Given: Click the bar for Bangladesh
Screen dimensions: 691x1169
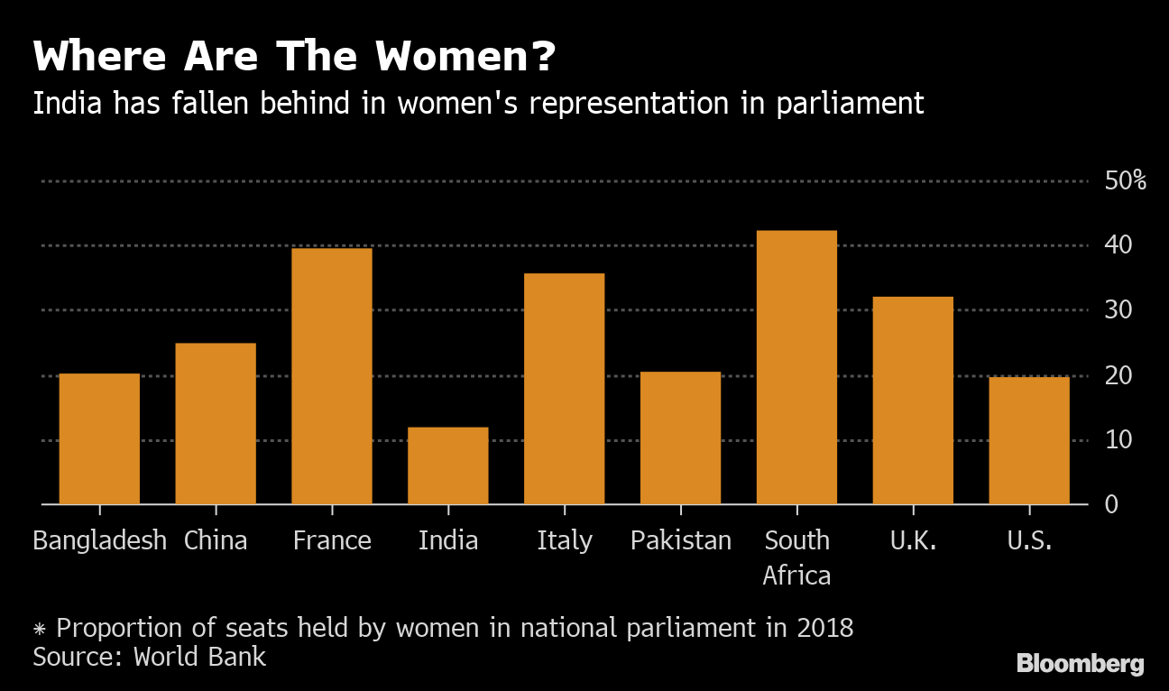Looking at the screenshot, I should pyautogui.click(x=99, y=438).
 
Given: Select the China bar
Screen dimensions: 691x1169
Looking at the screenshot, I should pyautogui.click(x=216, y=423).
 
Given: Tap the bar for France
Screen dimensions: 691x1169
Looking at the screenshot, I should pyautogui.click(x=332, y=375).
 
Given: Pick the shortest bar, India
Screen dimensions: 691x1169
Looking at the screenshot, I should pyautogui.click(x=448, y=465).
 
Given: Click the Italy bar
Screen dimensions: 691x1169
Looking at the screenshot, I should pyautogui.click(x=564, y=388).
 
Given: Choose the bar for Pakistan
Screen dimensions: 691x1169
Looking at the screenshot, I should pyautogui.click(x=680, y=438).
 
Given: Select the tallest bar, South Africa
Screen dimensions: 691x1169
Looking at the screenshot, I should pyautogui.click(x=796, y=367).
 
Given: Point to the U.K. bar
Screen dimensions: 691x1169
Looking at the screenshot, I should pyautogui.click(x=913, y=400).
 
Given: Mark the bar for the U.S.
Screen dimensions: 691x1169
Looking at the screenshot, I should pyautogui.click(x=1029, y=440).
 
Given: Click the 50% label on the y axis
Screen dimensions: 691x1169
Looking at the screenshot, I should pyautogui.click(x=1125, y=180).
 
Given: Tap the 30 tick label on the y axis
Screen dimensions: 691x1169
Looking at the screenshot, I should pyautogui.click(x=1118, y=310).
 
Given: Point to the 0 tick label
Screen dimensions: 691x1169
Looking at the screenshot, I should pyautogui.click(x=1112, y=504).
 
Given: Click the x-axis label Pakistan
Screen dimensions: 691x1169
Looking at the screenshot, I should pyautogui.click(x=681, y=540).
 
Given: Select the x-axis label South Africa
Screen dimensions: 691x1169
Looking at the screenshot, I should pyautogui.click(x=796, y=557).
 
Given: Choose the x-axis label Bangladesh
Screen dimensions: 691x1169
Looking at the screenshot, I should pyautogui.click(x=99, y=540).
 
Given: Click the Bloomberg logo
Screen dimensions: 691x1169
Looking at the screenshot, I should pyautogui.click(x=1080, y=664).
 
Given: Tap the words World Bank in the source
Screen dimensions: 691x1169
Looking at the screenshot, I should pyautogui.click(x=200, y=656).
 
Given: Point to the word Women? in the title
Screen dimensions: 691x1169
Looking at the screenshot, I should pyautogui.click(x=465, y=58).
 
